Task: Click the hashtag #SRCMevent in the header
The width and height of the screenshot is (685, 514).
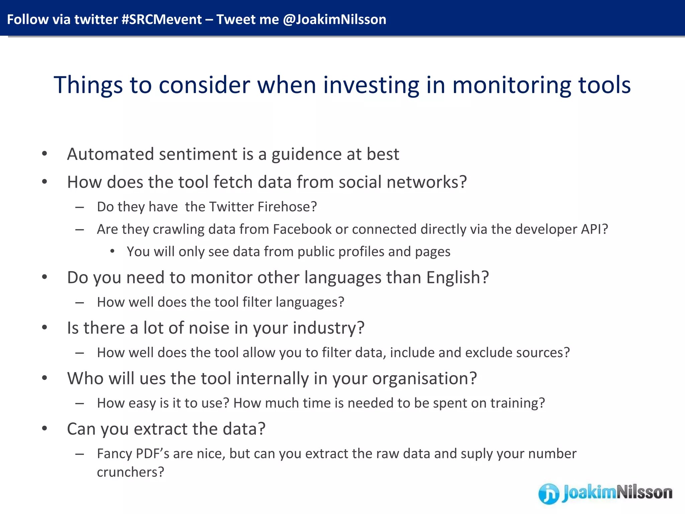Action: tap(162, 19)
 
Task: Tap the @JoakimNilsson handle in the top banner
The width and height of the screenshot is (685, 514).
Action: tap(334, 19)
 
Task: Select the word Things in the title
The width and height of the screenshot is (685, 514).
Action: tap(88, 85)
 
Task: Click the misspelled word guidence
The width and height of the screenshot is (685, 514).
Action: tap(306, 155)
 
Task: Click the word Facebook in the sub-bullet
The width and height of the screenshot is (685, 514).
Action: tap(302, 230)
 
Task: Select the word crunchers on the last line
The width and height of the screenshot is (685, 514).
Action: tap(127, 472)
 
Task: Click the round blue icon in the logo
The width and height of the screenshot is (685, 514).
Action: tap(549, 494)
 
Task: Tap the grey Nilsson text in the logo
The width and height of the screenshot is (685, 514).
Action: tap(644, 493)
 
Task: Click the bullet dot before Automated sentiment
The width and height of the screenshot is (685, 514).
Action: tap(44, 154)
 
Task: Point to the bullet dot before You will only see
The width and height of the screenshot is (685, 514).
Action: tap(112, 251)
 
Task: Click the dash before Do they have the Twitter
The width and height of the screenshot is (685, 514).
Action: tap(80, 207)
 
